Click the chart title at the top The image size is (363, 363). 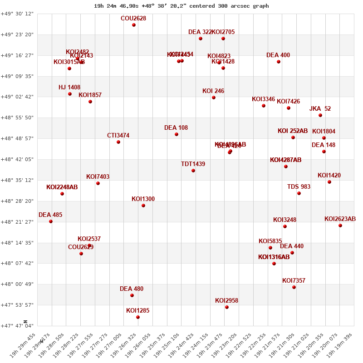(181, 6)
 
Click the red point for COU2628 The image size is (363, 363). (134, 25)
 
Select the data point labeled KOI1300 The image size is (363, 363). (143, 206)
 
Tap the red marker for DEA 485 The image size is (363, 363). (51, 221)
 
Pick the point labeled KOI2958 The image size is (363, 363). (227, 307)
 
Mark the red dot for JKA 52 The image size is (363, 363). (320, 115)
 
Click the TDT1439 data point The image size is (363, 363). (193, 171)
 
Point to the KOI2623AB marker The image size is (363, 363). (340, 226)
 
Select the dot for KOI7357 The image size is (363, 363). (294, 287)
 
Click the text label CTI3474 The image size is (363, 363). (118, 136)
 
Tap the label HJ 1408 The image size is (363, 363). (69, 88)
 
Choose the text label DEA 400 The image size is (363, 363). (278, 55)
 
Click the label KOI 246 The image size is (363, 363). (213, 91)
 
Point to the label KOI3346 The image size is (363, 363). (264, 99)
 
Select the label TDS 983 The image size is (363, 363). (299, 187)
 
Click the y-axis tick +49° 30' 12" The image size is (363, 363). (17, 14)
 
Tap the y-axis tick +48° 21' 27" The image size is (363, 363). (17, 222)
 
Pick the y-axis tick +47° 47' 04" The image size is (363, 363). (17, 326)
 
